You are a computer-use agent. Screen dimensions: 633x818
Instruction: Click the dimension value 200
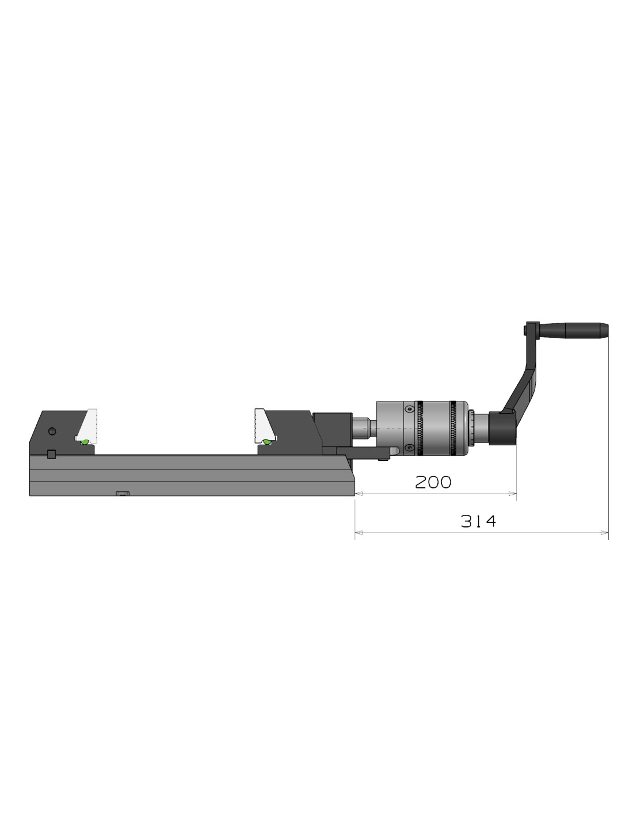pos(433,482)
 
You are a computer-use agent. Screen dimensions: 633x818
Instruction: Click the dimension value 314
pos(478,521)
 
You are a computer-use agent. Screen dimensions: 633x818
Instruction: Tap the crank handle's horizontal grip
pos(574,330)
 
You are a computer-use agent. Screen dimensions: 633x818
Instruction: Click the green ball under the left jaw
pos(85,442)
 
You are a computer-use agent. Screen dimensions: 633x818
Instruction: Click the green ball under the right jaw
pos(266,442)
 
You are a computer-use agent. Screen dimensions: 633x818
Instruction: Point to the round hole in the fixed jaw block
pos(52,431)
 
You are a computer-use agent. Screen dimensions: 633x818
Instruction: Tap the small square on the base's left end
pos(52,454)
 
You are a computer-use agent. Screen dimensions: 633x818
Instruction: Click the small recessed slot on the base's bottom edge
pos(123,494)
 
